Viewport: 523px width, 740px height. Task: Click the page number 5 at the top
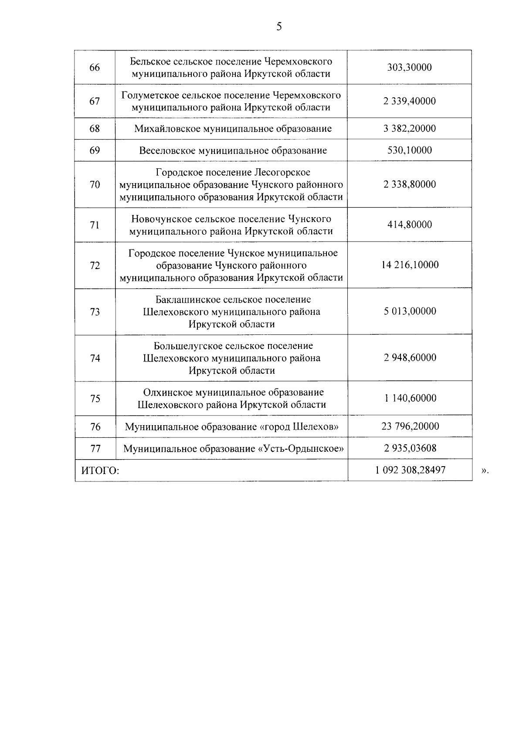coord(279,27)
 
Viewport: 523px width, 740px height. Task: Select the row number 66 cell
coord(95,68)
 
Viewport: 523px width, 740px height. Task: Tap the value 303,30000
coord(409,68)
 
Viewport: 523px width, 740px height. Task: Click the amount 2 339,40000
coord(409,101)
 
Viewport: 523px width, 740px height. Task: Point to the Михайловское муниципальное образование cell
coord(233,129)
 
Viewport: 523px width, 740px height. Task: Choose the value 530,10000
coord(409,150)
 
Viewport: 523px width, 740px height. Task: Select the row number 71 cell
coord(95,225)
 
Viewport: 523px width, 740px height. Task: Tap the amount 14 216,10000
coord(409,265)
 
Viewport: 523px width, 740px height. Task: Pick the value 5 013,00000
coord(409,311)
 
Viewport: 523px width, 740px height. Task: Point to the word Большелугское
coord(188,346)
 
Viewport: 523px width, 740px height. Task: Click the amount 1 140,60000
coord(409,398)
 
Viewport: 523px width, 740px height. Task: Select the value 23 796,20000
coord(409,426)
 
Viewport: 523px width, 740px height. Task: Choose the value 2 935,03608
coord(409,448)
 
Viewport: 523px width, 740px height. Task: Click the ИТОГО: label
coord(100,471)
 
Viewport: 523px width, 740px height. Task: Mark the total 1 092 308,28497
coord(409,470)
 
